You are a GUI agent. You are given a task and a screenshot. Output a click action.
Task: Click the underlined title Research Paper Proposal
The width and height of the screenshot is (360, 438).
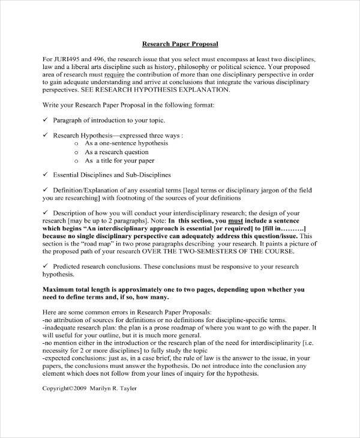(179, 44)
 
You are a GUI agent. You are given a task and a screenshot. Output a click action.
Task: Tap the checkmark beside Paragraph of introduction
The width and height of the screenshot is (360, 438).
(46, 120)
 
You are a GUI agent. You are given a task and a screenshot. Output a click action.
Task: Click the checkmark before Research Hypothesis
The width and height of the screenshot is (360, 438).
(46, 136)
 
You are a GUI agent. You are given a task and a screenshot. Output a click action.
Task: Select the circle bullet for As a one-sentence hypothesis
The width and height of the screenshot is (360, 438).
(76, 144)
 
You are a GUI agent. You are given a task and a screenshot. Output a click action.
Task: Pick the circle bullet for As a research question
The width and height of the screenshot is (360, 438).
(76, 152)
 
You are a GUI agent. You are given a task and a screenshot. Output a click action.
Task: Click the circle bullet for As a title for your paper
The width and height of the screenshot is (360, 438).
(76, 161)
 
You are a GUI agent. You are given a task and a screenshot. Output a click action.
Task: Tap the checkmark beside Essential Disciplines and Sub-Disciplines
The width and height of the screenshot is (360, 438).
(46, 175)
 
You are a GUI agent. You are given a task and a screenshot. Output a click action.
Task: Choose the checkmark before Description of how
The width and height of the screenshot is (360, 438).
(46, 213)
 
